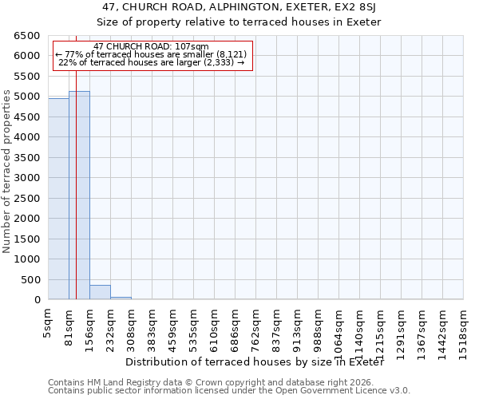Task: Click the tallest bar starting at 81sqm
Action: click(79, 196)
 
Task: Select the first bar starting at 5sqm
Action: click(58, 199)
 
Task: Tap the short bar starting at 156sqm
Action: click(100, 292)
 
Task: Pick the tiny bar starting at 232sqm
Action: click(121, 298)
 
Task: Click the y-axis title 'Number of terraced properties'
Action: click(7, 171)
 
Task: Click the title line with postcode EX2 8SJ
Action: click(239, 7)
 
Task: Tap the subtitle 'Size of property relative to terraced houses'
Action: click(239, 22)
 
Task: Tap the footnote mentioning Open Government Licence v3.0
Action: click(229, 391)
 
